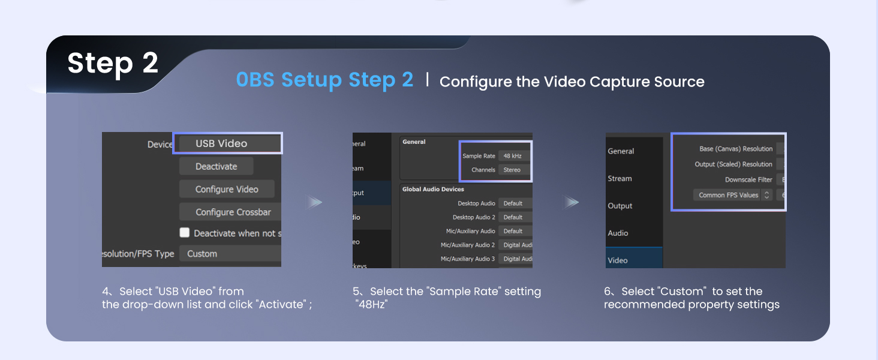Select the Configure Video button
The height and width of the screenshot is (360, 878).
tap(227, 189)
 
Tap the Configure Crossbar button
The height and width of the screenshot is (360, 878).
tap(230, 212)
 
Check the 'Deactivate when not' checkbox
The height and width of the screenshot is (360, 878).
tap(185, 233)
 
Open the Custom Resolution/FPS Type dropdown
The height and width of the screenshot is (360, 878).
tap(230, 254)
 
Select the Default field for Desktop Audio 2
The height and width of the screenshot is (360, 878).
tap(515, 217)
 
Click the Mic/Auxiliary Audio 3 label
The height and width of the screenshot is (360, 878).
tap(468, 259)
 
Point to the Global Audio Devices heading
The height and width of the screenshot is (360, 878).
tap(433, 189)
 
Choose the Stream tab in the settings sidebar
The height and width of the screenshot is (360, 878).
tap(620, 178)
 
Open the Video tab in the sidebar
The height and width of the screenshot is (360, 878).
tap(618, 260)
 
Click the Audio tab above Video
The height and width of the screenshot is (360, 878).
tap(618, 233)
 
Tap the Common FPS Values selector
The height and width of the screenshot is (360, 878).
tap(732, 195)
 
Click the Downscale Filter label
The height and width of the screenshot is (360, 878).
tap(748, 179)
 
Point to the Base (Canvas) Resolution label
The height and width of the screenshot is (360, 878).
tap(736, 149)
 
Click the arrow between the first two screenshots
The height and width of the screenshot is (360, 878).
tap(315, 202)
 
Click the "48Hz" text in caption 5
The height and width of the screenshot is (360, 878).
tap(372, 305)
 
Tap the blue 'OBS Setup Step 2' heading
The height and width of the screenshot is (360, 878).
tap(324, 80)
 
